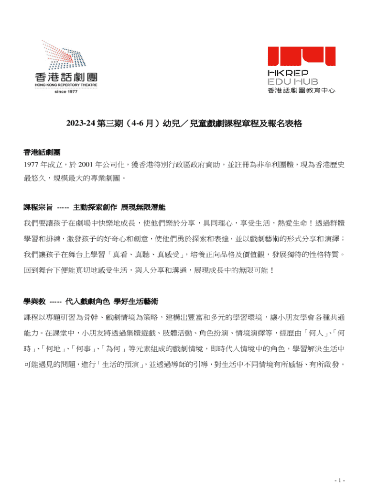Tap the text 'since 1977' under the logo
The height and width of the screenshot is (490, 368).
(x=66, y=91)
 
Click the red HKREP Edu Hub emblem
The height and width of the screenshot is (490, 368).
(x=301, y=57)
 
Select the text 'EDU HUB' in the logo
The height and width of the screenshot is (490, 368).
(x=292, y=82)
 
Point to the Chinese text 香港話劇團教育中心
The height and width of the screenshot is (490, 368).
(x=301, y=90)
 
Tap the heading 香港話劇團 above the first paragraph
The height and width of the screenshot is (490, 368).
(x=42, y=152)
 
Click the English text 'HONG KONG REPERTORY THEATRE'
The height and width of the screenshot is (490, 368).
(x=66, y=85)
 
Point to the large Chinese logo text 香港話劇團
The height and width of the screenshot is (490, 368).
(x=66, y=77)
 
